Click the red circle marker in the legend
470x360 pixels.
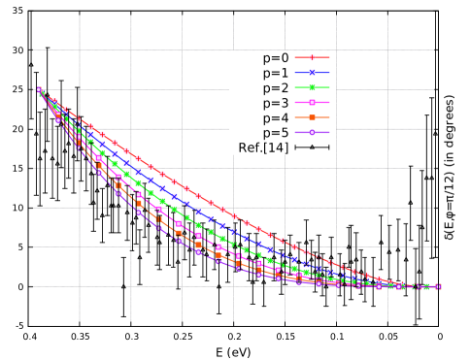coord(312,57)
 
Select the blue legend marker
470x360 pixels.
coord(312,73)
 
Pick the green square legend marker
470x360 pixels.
coord(312,87)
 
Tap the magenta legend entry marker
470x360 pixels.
coord(312,102)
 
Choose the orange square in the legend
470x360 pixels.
coord(312,117)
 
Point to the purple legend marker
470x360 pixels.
coord(312,132)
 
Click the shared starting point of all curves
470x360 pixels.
coord(40,91)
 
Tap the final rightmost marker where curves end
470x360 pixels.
coord(438,286)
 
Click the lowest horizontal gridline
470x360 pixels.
coord(233,286)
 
